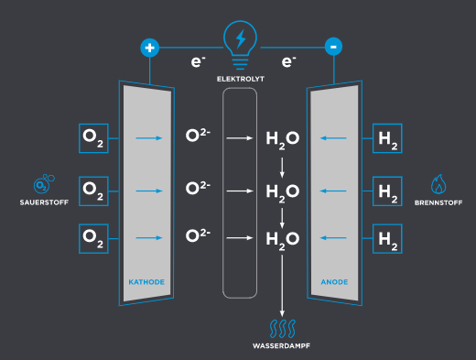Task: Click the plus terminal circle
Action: pyautogui.click(x=149, y=48)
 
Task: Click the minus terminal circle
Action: pyautogui.click(x=333, y=47)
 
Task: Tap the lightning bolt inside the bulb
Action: pyautogui.click(x=241, y=38)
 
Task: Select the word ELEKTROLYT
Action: pyautogui.click(x=241, y=79)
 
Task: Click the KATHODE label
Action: pyautogui.click(x=146, y=282)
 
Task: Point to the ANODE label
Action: pyautogui.click(x=334, y=282)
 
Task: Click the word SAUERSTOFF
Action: pyautogui.click(x=44, y=202)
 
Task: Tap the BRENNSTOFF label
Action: pyautogui.click(x=438, y=202)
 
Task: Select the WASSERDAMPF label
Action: pyautogui.click(x=281, y=346)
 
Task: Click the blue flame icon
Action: pyautogui.click(x=438, y=184)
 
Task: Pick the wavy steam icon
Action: pyautogui.click(x=283, y=329)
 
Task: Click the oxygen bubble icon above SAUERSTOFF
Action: pyautogui.click(x=44, y=184)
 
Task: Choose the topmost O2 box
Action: pyautogui.click(x=93, y=138)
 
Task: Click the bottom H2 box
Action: pyautogui.click(x=387, y=239)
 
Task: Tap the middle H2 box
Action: pyautogui.click(x=387, y=191)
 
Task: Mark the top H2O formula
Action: pyautogui.click(x=283, y=140)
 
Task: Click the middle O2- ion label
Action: pyautogui.click(x=198, y=188)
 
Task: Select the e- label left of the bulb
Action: pyautogui.click(x=198, y=61)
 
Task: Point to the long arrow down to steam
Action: pyautogui.click(x=282, y=286)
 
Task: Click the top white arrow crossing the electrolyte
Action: pyautogui.click(x=240, y=138)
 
